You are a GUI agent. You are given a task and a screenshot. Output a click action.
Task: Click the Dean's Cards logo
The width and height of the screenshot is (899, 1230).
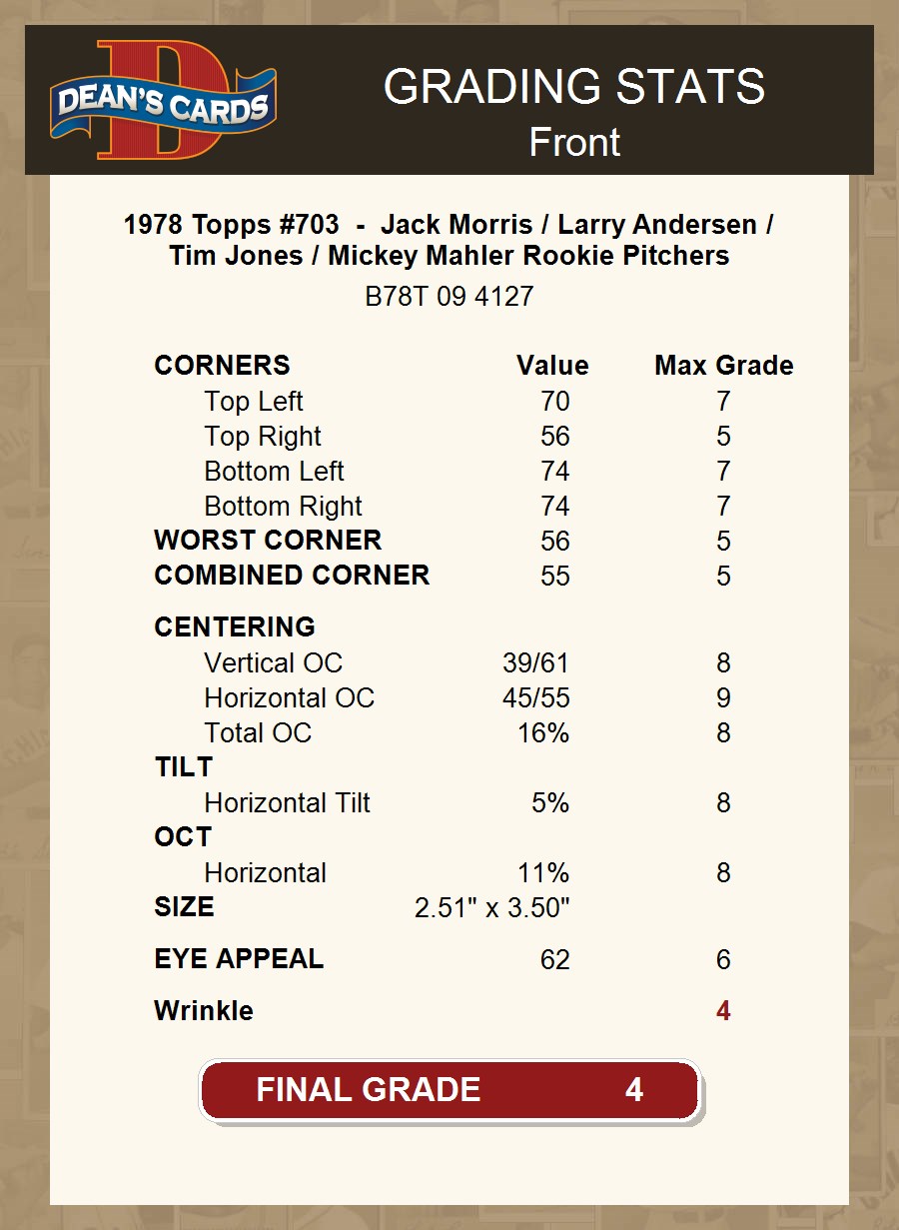click(163, 101)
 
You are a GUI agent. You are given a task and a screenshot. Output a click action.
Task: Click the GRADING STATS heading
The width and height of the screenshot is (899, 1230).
click(573, 87)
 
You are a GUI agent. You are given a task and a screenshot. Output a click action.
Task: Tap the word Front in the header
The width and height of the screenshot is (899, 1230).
click(574, 143)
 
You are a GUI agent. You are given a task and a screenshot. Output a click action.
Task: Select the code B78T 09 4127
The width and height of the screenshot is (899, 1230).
click(449, 297)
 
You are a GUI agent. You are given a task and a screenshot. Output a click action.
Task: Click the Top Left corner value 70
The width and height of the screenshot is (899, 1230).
click(554, 402)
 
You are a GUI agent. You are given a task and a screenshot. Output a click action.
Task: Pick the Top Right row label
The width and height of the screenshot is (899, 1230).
click(263, 437)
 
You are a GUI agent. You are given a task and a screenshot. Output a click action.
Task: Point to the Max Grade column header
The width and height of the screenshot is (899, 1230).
click(723, 366)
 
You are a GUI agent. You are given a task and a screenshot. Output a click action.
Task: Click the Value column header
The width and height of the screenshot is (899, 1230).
click(552, 366)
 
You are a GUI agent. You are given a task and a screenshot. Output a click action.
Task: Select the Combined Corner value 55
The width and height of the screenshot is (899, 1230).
click(554, 577)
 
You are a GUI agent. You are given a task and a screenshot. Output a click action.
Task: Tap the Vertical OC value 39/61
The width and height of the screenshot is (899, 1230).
click(535, 663)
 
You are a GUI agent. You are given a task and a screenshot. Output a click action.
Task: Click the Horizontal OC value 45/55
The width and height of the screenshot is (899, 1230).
click(535, 698)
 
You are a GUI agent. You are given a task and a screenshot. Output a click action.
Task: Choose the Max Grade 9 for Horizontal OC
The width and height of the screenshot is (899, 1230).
click(723, 698)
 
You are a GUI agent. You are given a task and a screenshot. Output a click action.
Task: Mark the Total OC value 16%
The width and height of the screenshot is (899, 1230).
click(542, 733)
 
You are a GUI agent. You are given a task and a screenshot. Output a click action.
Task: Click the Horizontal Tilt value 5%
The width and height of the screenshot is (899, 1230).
click(550, 803)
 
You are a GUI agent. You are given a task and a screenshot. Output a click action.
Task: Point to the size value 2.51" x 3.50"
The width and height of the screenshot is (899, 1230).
click(491, 908)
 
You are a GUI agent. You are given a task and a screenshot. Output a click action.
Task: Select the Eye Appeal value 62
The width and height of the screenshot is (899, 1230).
click(554, 960)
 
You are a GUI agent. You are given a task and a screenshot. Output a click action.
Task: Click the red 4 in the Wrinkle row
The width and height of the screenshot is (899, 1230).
click(723, 1011)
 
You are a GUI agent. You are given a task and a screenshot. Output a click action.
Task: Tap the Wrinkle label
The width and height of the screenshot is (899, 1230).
click(204, 1011)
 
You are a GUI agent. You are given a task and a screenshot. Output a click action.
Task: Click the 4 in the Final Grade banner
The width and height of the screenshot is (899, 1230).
click(633, 1089)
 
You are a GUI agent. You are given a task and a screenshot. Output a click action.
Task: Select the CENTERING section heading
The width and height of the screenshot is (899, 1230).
click(235, 627)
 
